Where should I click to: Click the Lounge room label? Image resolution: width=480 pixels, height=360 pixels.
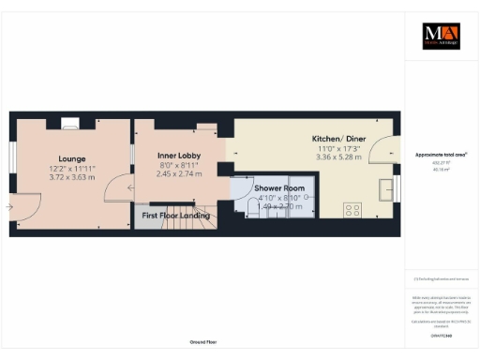click(71, 159)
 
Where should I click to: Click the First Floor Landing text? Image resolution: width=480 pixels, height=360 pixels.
click(176, 217)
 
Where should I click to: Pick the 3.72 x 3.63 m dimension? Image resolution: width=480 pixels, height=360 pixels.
click(71, 176)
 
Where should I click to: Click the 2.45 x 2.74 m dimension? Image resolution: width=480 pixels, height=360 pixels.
click(179, 173)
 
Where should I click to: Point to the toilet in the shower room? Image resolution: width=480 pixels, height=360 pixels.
click(254, 212)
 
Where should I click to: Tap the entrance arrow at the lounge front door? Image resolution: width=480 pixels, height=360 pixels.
click(10, 206)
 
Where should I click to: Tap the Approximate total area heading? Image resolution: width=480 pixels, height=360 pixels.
click(441, 155)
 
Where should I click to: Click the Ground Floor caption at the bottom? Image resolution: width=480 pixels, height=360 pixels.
click(203, 342)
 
